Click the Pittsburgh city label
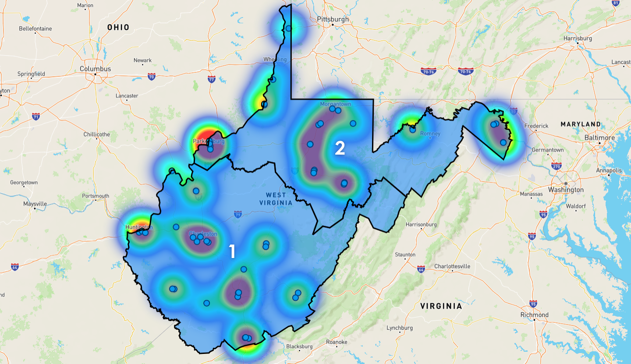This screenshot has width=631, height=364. coord(333,19)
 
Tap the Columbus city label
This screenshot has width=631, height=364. coord(95,69)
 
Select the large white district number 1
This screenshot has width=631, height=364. coord(232,251)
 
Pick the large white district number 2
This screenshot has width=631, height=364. coord(340,148)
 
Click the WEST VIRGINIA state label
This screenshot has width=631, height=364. coord(276,199)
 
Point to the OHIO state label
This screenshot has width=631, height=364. coord(118,27)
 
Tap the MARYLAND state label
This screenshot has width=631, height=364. coord(581,124)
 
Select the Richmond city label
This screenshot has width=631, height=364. coord(534,315)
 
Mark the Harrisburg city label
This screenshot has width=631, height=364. coord(578,39)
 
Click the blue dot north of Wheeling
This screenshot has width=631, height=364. coord(289,28)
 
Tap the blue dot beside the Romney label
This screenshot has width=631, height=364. coord(412,130)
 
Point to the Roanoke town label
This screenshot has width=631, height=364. coord(337,342)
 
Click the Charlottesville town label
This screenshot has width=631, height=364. coord(452,266)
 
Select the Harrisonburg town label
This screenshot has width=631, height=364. coord(422,225)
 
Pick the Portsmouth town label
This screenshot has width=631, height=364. coord(96,196)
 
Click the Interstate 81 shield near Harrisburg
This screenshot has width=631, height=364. coord(616,3)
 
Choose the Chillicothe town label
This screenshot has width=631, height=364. coord(97,134)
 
